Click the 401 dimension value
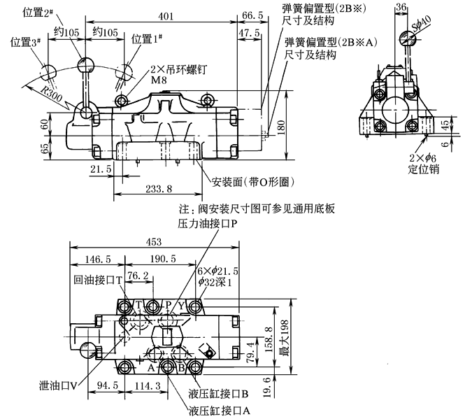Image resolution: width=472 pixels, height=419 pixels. click(x=166, y=15)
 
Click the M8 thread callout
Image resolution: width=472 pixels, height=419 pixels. click(x=161, y=82)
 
